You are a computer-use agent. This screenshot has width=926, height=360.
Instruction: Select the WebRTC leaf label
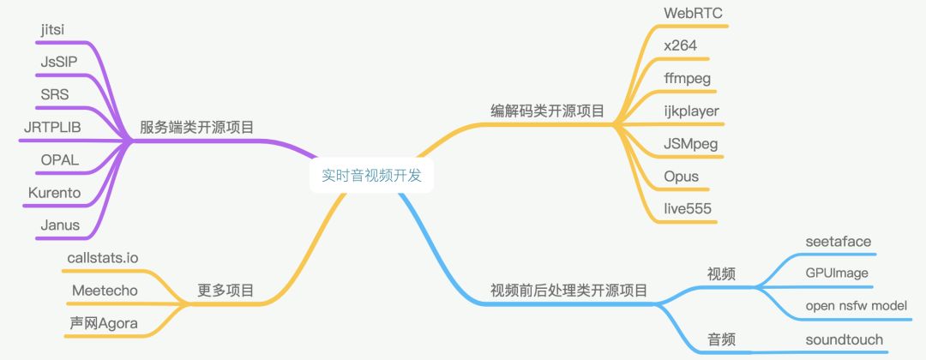click(693, 14)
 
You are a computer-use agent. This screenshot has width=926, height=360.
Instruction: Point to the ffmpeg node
click(688, 79)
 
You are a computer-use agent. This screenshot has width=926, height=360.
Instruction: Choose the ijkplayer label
click(691, 111)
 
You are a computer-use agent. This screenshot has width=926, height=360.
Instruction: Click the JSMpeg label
click(691, 144)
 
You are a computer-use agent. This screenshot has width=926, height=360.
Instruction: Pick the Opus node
click(681, 177)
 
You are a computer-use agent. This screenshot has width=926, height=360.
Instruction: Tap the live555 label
click(688, 209)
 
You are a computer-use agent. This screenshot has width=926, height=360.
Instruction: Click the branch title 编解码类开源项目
click(547, 111)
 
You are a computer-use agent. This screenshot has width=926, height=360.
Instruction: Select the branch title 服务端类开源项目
click(197, 128)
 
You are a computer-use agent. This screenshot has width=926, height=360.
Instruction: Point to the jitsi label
click(53, 30)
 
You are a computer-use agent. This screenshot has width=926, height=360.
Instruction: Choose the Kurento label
click(54, 193)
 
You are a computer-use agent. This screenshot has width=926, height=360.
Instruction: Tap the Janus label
click(60, 225)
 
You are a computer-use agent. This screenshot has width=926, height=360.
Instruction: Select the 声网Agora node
click(104, 323)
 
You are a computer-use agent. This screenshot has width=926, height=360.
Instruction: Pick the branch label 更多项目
click(225, 291)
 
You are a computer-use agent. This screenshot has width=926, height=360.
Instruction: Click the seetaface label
click(838, 242)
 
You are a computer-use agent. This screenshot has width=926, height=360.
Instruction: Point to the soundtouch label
click(844, 339)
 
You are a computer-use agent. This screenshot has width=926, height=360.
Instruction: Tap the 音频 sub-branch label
click(721, 339)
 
